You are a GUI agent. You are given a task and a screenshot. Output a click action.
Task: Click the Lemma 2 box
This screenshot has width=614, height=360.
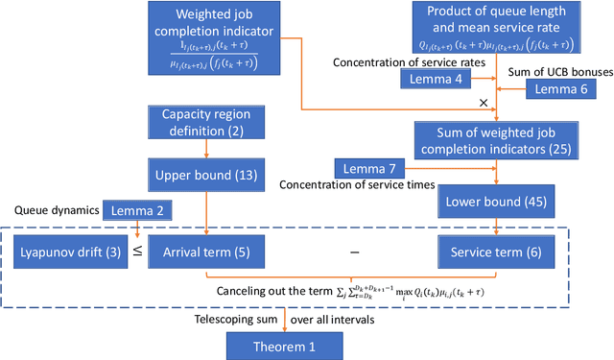tap(137, 208)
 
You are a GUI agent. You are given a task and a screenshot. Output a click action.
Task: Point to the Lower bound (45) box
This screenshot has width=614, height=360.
tap(492, 204)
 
